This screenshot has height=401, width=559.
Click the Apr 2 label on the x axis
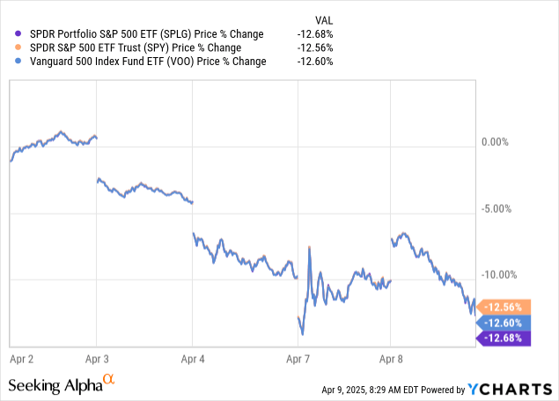[x=21, y=359]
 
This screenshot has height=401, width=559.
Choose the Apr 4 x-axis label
[x=193, y=359]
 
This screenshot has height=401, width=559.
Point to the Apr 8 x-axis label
[x=391, y=359]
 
